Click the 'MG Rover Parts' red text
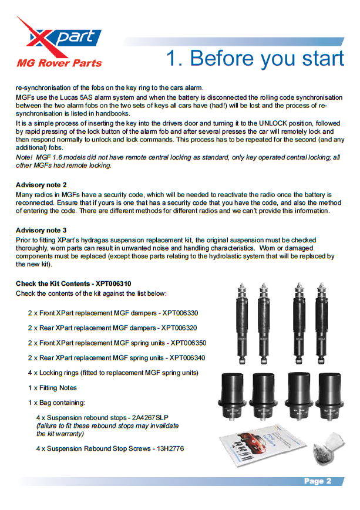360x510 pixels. (x=59, y=63)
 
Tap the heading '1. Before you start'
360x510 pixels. (x=255, y=59)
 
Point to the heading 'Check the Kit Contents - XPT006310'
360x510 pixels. (x=73, y=283)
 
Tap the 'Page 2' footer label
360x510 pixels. (x=318, y=481)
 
